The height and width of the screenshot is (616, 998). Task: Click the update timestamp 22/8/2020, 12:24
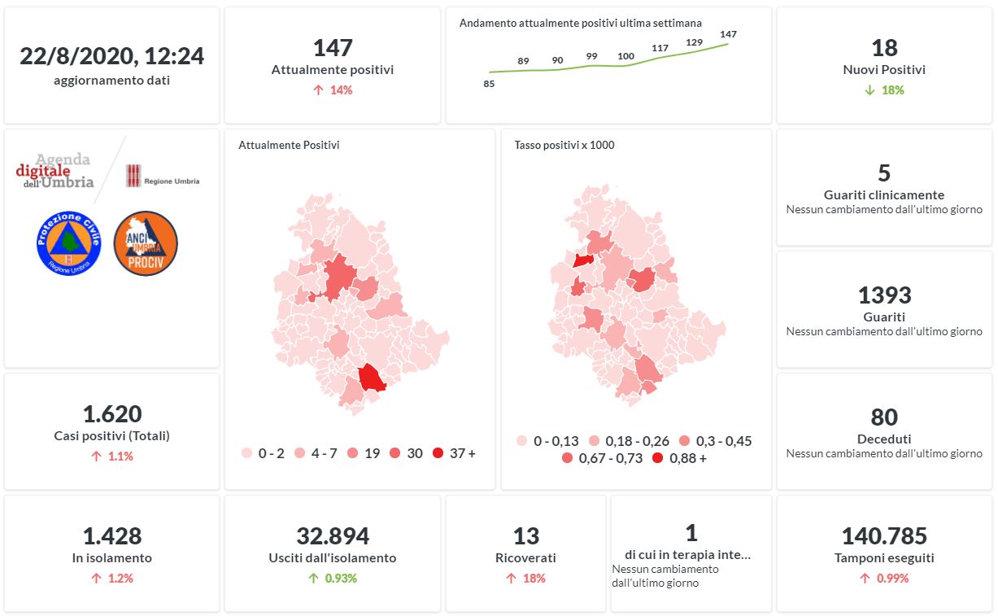point(111,56)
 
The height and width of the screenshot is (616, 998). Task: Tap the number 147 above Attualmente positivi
point(333,47)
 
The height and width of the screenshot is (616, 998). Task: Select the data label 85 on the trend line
point(489,83)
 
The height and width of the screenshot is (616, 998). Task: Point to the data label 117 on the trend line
point(660,48)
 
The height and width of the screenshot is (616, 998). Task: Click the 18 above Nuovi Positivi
point(884,47)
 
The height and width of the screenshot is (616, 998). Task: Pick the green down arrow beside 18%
point(869,90)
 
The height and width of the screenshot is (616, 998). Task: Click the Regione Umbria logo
point(163,176)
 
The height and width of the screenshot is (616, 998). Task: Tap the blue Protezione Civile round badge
point(68,243)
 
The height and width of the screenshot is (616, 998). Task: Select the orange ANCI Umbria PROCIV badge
point(146,243)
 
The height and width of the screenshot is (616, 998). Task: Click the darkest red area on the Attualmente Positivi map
point(372,378)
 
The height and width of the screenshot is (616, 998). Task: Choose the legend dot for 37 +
point(438,453)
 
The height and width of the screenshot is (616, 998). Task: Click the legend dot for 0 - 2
point(247,453)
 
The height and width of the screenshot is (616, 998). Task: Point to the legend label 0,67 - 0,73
point(610,458)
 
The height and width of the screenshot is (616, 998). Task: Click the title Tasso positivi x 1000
point(564,146)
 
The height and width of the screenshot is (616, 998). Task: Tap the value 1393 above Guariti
point(884,295)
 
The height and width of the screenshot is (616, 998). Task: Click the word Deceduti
point(884,439)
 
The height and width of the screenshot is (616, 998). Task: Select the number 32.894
point(333,536)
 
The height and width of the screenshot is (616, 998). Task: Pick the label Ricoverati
point(525,558)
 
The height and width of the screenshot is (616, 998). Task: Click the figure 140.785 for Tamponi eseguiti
point(884,536)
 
